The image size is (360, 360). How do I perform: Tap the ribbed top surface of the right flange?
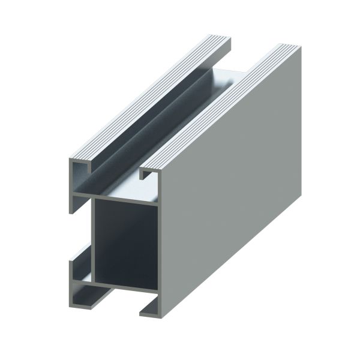coord(222,108)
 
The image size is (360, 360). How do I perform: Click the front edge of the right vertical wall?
coord(160,240)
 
